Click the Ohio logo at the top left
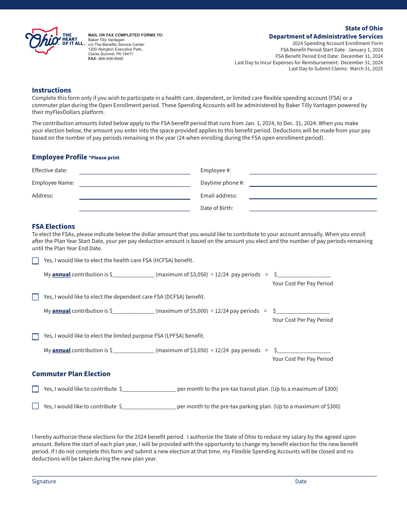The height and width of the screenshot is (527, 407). [x=43, y=41]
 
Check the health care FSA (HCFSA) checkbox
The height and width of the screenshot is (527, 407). [x=35, y=261]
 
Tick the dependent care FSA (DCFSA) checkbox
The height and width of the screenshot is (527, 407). [x=35, y=297]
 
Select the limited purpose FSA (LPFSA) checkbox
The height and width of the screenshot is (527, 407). [x=35, y=336]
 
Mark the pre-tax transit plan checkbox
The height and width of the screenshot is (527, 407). [x=35, y=389]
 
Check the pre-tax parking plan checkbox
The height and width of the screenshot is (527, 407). [x=35, y=406]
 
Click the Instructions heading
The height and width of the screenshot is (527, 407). [x=51, y=90]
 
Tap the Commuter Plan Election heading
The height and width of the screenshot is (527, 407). [x=71, y=374]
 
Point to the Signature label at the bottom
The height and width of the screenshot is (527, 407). [x=44, y=482]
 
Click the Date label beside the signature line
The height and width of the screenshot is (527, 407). [x=301, y=482]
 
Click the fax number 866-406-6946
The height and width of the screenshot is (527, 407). [x=111, y=59]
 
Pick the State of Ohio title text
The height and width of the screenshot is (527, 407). [x=364, y=28]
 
